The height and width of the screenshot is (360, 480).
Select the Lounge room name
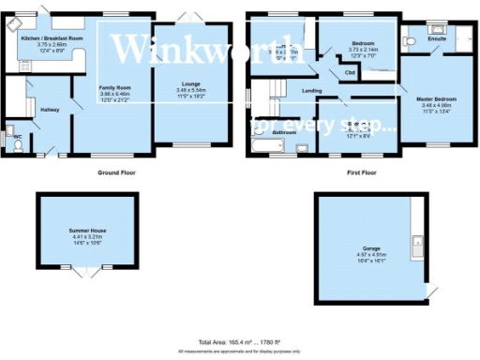click(191, 83)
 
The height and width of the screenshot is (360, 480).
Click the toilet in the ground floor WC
click(8, 132)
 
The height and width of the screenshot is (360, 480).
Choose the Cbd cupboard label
click(350, 72)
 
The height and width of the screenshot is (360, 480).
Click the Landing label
click(311, 91)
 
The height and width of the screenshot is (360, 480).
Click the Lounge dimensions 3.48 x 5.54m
click(191, 91)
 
